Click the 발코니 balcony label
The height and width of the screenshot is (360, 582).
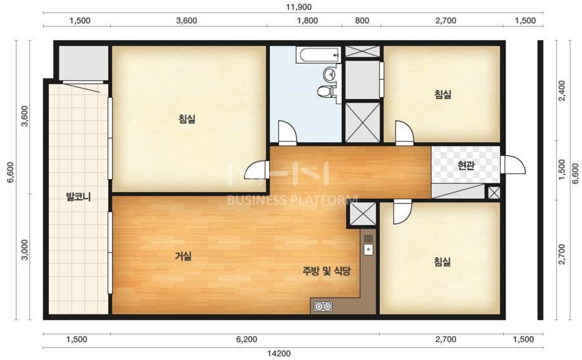pyautogui.click(x=78, y=197)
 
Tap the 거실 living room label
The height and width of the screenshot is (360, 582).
pyautogui.click(x=183, y=255)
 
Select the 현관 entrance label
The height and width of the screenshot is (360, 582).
pyautogui.click(x=466, y=165)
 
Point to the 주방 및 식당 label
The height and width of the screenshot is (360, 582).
pyautogui.click(x=326, y=271)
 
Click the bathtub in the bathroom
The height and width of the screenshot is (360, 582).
pyautogui.click(x=319, y=55)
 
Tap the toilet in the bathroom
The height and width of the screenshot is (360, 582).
pyautogui.click(x=326, y=91)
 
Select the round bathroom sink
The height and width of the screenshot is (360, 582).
pyautogui.click(x=329, y=74)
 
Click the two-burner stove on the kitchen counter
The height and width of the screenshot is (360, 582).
pyautogui.click(x=323, y=307)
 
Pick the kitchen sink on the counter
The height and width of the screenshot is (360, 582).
pyautogui.click(x=368, y=249)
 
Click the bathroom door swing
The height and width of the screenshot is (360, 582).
pyautogui.click(x=288, y=133)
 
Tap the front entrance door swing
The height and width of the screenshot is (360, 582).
pyautogui.click(x=512, y=165)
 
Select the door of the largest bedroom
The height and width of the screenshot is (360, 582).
pyautogui.click(x=257, y=169)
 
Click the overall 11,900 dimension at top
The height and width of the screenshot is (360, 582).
pyautogui.click(x=300, y=7)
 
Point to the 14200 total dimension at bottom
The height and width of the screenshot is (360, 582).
pyautogui.click(x=279, y=353)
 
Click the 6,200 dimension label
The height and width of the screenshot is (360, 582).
pyautogui.click(x=246, y=339)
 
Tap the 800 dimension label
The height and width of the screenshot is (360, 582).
pyautogui.click(x=362, y=20)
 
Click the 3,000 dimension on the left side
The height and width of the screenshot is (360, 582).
pyautogui.click(x=24, y=250)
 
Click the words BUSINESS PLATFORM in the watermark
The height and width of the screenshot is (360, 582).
pyautogui.click(x=292, y=200)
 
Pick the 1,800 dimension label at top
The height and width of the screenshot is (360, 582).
pyautogui.click(x=308, y=20)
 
